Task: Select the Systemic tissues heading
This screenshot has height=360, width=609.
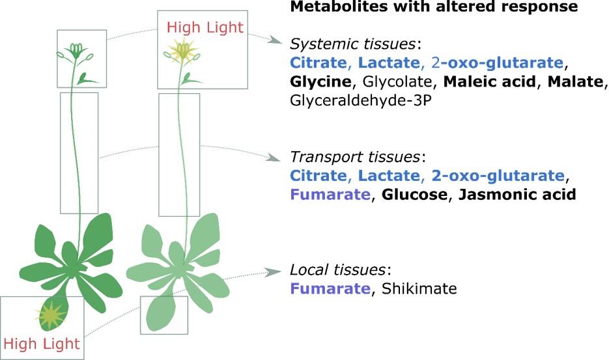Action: click(x=354, y=44)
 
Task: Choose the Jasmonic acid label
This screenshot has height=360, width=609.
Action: click(x=517, y=195)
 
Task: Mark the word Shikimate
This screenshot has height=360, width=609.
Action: click(x=419, y=288)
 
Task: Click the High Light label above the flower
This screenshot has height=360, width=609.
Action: click(x=205, y=27)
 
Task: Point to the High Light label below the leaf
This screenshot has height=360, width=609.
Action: click(x=41, y=343)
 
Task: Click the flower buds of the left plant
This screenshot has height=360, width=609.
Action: click(x=77, y=50)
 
